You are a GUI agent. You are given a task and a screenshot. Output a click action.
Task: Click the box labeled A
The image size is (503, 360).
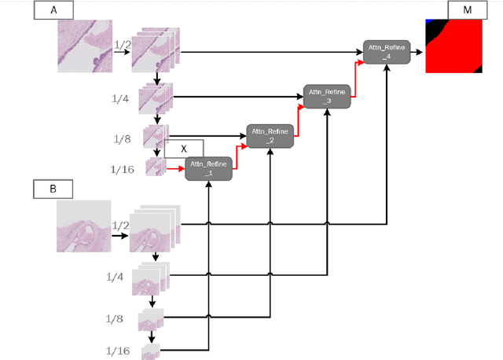pos(53,11)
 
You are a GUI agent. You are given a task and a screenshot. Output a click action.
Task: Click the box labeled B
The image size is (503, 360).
pos(53,189)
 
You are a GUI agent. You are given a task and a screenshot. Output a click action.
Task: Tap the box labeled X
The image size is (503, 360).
pos(184,149)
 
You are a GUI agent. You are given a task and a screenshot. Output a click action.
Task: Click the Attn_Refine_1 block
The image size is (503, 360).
pos(208,168)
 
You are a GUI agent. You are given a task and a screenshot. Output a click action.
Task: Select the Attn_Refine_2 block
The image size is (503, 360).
pos(270,135)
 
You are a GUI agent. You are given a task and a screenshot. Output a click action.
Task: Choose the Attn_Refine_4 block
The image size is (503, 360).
pos(387,53)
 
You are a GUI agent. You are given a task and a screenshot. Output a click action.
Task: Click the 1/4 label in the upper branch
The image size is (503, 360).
pos(120,98)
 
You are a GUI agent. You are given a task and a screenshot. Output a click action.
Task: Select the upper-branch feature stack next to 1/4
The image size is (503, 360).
pos(154,99)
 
